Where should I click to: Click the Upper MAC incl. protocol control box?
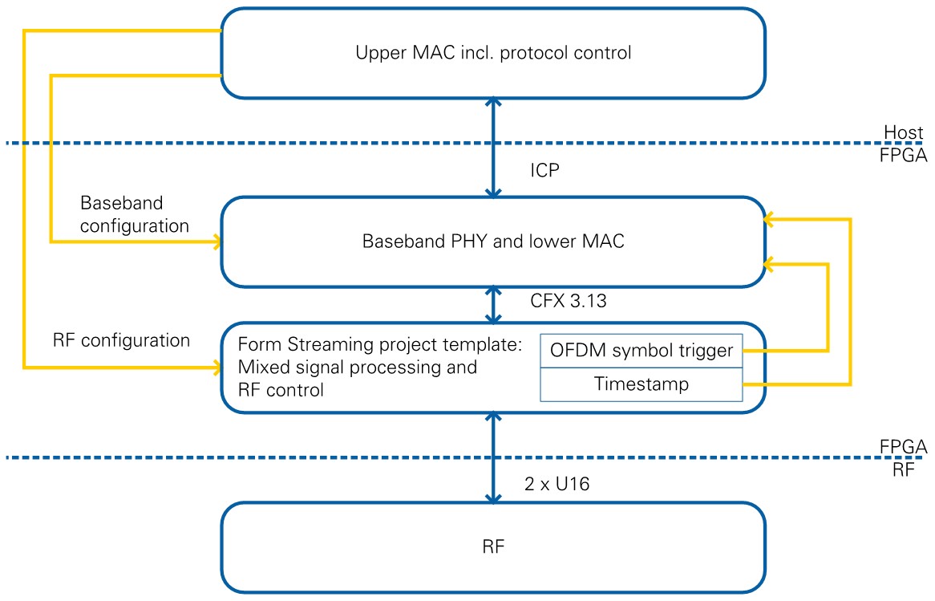[492, 54]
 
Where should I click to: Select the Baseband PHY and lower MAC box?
[492, 242]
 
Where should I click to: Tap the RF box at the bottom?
[492, 547]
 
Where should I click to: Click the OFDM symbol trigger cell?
[642, 351]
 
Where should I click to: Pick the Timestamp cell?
[642, 384]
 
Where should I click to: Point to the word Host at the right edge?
[905, 131]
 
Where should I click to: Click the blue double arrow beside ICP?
[493, 148]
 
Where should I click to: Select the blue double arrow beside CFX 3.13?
[493, 303]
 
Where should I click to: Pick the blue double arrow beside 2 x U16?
[493, 457]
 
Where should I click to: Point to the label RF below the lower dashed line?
[903, 471]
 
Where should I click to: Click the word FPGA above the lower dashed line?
[903, 446]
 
